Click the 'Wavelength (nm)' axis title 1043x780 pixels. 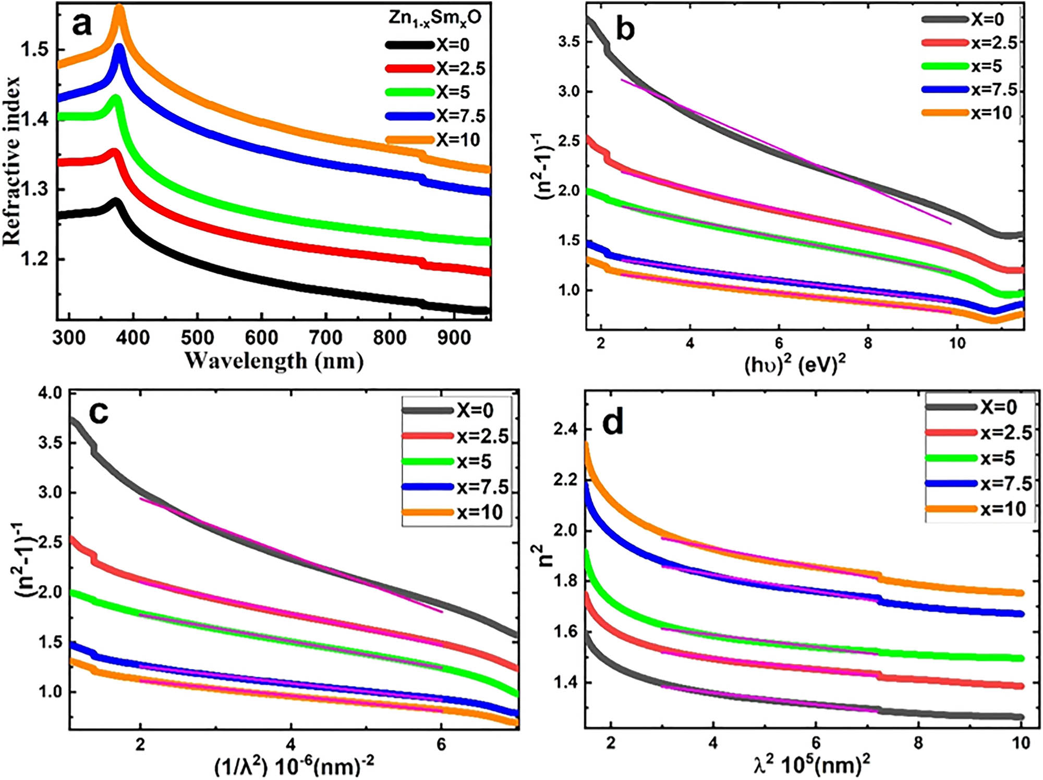274,360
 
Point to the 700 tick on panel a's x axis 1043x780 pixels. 325,338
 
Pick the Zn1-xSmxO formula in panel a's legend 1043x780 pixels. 434,18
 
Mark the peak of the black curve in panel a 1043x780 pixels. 116,201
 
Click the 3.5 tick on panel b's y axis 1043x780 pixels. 568,42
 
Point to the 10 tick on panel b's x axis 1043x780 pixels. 956,343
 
